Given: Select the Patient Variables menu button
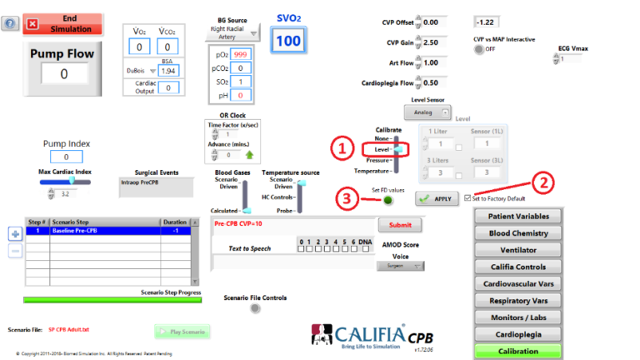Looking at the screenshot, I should click(517, 217).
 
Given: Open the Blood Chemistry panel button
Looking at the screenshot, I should click(517, 233).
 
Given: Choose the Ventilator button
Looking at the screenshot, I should click(517, 250).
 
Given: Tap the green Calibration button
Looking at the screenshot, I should click(517, 351).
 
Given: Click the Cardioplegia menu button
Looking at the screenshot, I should click(517, 334).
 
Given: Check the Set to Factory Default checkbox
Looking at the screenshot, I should click(468, 198).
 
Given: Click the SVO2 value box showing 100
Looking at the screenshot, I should click(288, 40).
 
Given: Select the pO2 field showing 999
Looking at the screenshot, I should click(241, 53).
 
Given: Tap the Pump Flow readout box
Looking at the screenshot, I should click(63, 74).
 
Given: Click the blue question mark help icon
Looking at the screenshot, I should click(10, 22).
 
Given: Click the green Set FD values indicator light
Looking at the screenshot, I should click(388, 200).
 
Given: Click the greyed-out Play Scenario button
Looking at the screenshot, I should click(182, 332).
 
